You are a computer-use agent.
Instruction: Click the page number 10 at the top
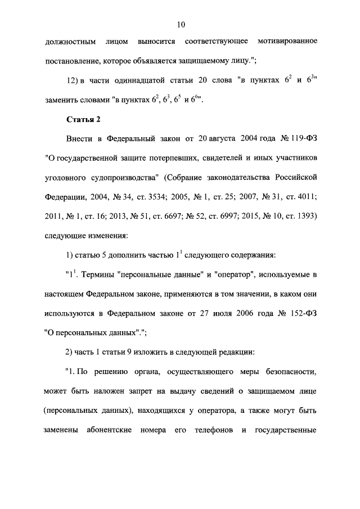[181, 24]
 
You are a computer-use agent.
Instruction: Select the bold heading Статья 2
[83, 119]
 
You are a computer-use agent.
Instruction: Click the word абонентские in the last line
[110, 428]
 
